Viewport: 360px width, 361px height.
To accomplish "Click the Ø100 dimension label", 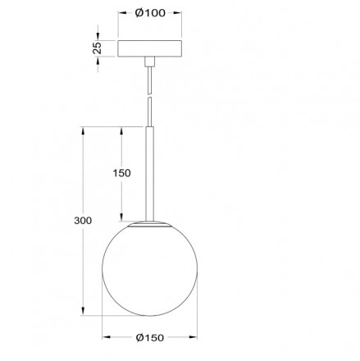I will coord(149,13).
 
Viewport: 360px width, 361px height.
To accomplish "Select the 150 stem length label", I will coord(121,173).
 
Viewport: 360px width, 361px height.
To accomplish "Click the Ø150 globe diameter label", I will coord(149,337).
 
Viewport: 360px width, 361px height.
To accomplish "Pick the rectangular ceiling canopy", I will coord(149,49).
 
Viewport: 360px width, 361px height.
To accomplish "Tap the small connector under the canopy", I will coord(149,62).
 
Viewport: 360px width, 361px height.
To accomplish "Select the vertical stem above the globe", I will coord(149,172).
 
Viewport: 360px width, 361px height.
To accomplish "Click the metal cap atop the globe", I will coord(149,222).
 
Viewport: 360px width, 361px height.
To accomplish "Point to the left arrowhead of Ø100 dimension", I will coord(121,13).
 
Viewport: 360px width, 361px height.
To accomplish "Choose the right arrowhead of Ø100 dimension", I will coord(179,13).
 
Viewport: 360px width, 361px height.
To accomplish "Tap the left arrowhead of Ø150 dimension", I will coord(104,336).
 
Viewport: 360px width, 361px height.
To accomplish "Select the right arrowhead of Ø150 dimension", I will coord(195,336).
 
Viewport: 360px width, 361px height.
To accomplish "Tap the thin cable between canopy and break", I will coord(149,80).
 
